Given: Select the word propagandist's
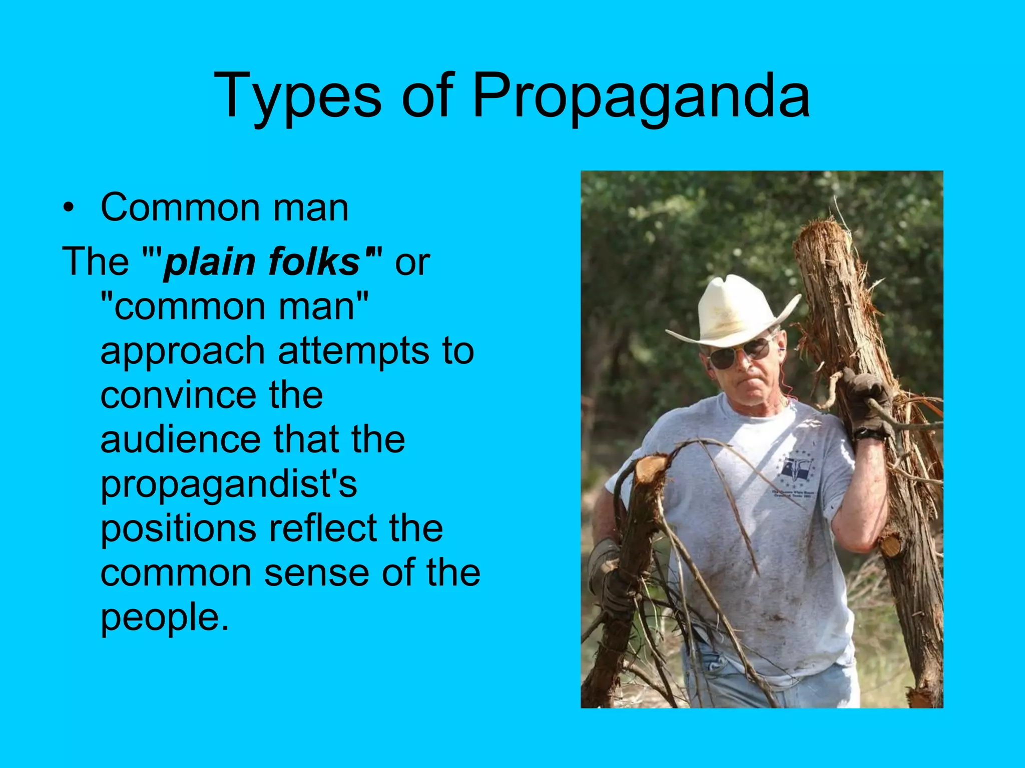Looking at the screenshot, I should point(229,485).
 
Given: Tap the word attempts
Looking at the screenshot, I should point(353,351).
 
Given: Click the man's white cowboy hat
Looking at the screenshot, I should point(732,312).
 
